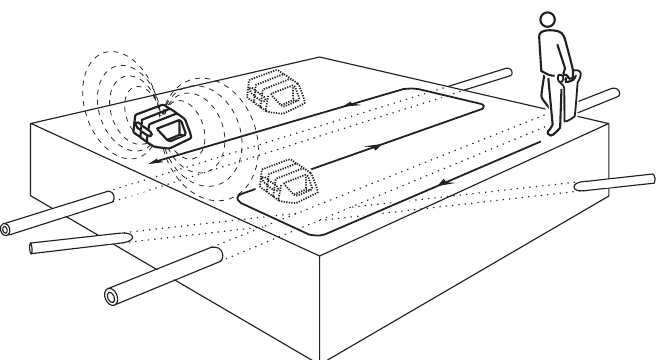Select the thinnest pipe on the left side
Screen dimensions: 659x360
80,241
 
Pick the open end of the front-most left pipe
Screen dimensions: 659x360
112,294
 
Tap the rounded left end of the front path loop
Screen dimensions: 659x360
241,197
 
